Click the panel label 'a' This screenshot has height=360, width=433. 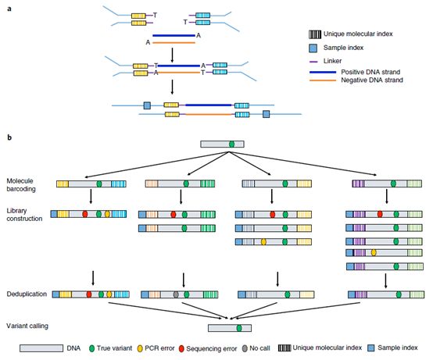tap(9, 9)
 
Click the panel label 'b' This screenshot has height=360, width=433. tap(9, 137)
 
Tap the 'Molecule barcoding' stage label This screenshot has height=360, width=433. tap(21, 185)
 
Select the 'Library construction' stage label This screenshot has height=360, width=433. tap(24, 215)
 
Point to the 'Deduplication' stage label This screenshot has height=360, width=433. tap(27, 294)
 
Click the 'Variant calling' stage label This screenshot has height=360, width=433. tap(27, 326)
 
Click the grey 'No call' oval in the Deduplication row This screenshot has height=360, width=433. tap(176, 294)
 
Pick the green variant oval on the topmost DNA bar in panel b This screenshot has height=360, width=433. tap(231, 144)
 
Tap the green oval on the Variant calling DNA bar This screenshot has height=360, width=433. tap(239, 328)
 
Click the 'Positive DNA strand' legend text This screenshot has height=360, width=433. tap(370, 72)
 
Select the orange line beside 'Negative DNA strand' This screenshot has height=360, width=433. tap(323, 80)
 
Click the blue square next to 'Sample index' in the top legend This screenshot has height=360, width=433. tap(313, 48)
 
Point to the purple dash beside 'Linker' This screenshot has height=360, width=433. tap(314, 62)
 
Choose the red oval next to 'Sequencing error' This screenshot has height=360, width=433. tap(181, 349)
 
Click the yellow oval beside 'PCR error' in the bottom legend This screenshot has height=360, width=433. tap(140, 349)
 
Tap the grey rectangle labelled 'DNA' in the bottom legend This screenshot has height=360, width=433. tap(41, 348)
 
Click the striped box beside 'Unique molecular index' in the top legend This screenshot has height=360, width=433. tap(315, 34)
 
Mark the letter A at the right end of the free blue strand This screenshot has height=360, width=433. tap(198, 35)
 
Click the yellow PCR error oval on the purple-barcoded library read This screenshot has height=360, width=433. tap(374, 252)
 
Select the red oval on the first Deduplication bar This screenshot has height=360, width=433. tap(89, 294)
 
